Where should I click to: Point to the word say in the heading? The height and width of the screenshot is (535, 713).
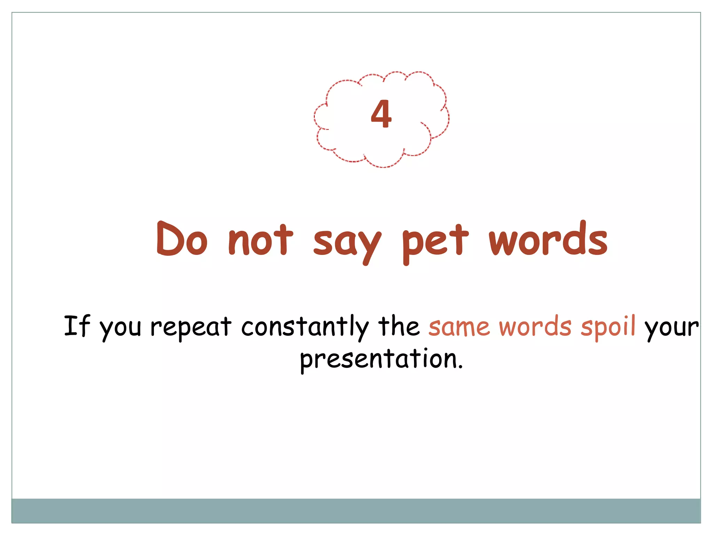[x=347, y=242]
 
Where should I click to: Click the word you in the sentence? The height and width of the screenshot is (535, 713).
[x=120, y=328]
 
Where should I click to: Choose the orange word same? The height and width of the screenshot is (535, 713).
[x=459, y=327]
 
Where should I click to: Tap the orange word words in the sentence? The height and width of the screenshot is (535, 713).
[x=535, y=326]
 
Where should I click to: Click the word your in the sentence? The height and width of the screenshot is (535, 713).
[x=671, y=328]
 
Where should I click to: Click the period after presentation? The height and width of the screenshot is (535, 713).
[x=461, y=367]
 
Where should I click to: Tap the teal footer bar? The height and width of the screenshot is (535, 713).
[x=356, y=511]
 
